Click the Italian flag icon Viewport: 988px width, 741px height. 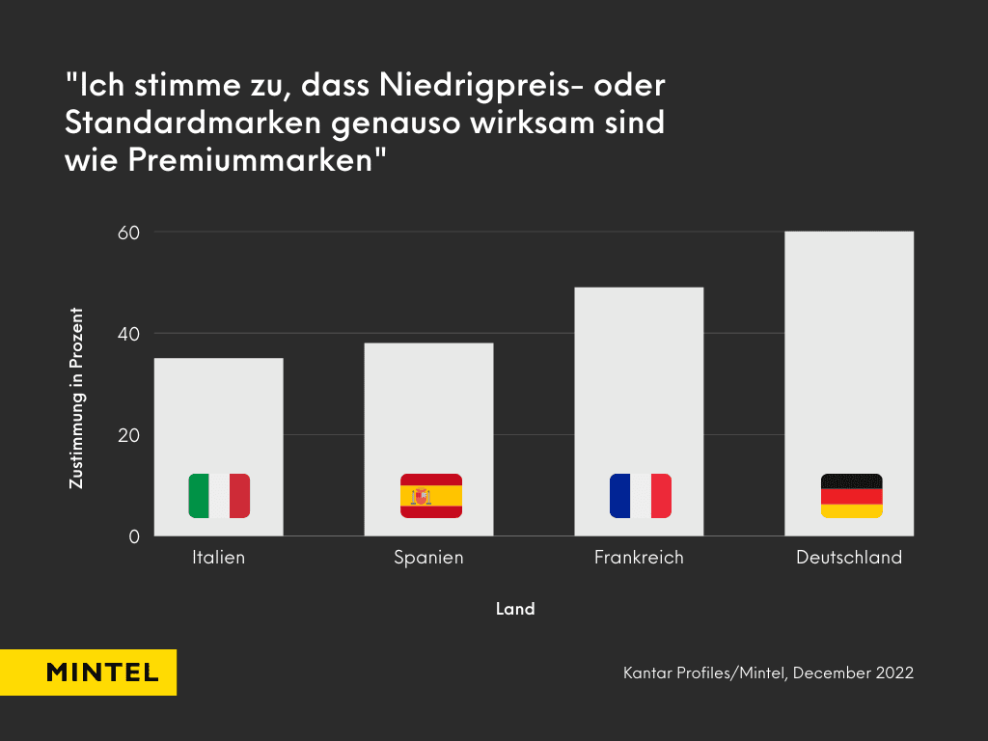219,496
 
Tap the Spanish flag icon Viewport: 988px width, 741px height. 430,496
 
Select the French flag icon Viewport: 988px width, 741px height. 640,496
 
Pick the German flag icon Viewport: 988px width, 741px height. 851,496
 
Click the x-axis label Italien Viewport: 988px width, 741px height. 219,558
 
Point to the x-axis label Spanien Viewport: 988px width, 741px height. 428,558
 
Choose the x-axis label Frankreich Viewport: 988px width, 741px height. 639,558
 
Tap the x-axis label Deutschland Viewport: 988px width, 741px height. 849,558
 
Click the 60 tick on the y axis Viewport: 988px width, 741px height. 129,233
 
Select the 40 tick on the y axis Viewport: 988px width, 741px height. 129,334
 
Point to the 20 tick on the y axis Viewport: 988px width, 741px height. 129,435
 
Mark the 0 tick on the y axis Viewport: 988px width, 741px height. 134,536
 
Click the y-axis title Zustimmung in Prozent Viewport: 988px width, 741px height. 76,398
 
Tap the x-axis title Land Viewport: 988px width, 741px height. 515,609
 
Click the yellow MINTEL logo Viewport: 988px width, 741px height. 88,672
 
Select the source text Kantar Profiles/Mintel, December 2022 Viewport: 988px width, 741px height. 768,672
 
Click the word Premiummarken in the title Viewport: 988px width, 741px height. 248,161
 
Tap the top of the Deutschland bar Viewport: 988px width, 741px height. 849,233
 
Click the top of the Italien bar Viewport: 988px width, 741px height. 219,360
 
